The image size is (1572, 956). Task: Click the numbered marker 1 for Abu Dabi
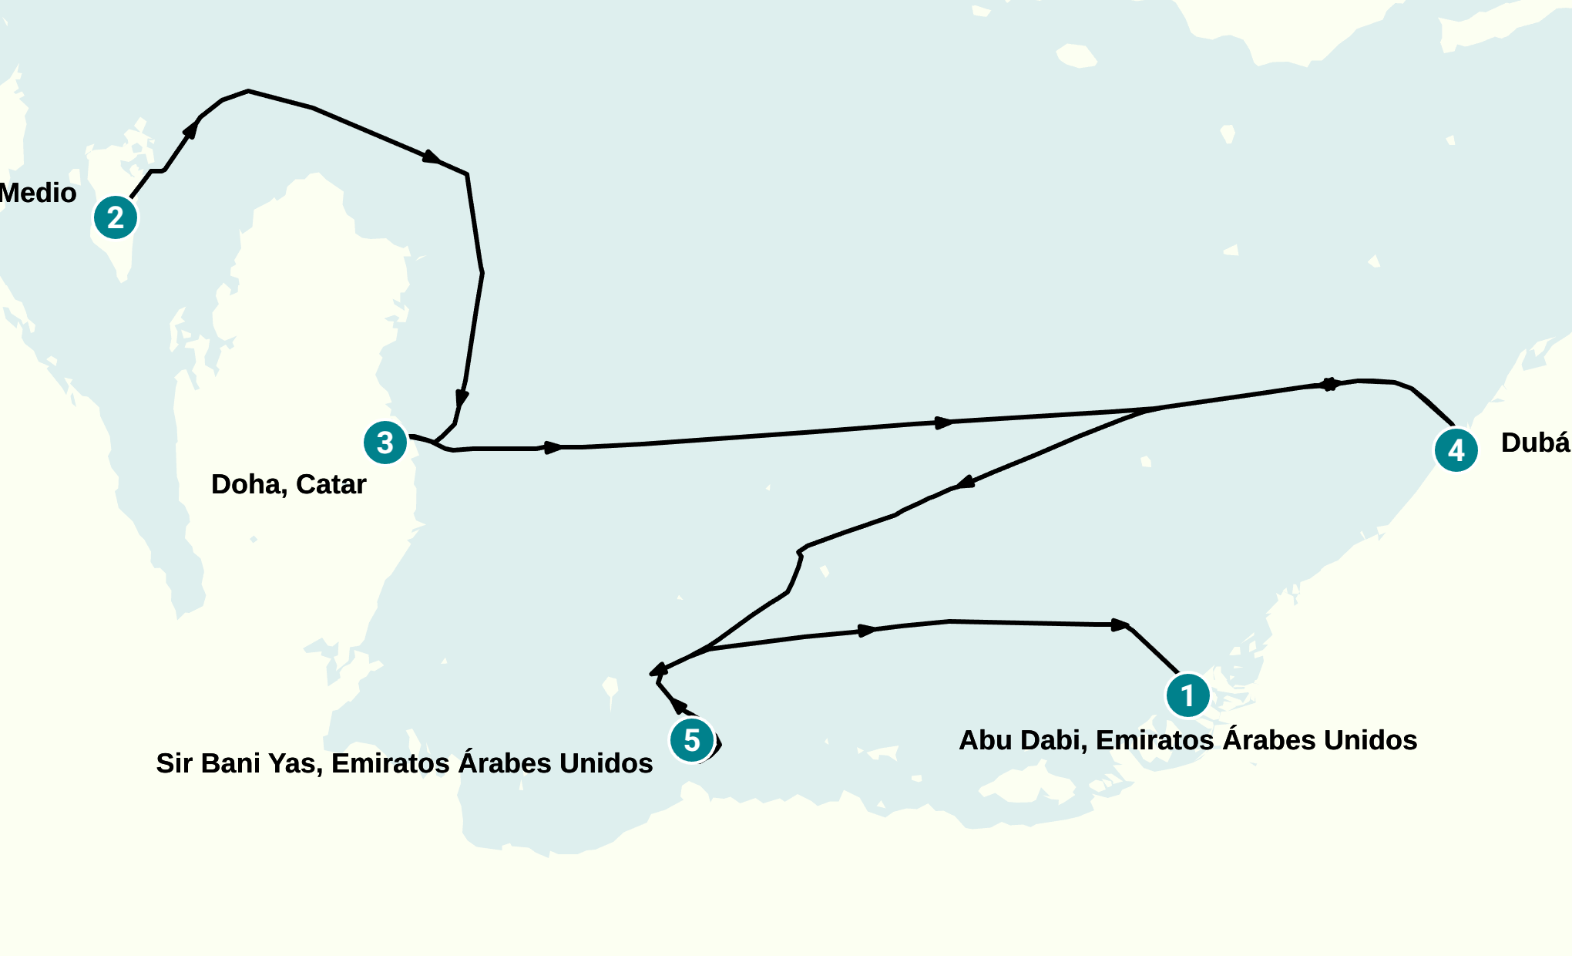(1187, 695)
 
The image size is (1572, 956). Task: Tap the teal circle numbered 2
(116, 217)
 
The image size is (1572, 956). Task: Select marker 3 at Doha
(385, 443)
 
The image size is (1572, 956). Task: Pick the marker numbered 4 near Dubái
(1456, 450)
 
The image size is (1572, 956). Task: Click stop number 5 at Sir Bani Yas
(692, 740)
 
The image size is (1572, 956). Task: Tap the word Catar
(331, 485)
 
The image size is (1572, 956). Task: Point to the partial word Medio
(38, 193)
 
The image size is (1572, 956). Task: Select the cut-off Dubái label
(1535, 443)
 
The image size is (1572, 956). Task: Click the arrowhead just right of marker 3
(553, 447)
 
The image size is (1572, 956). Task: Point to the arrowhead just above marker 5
(677, 705)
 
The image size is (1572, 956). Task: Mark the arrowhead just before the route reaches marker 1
(1120, 624)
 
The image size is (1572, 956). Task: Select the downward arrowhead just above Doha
(462, 398)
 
